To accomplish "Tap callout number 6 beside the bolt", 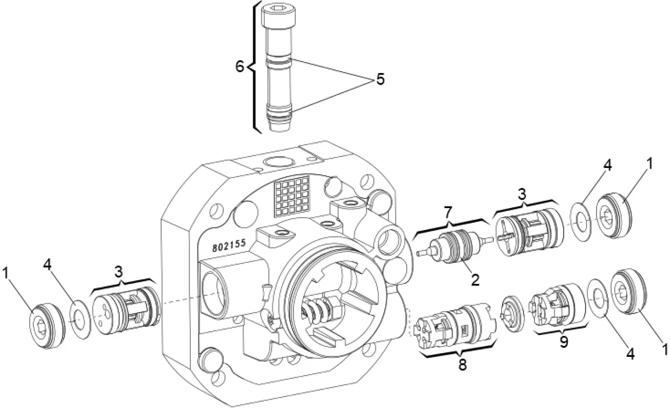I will tap(240, 67).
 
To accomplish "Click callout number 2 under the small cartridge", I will tap(475, 279).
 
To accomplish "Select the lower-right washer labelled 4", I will tap(600, 297).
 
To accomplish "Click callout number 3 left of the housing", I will tap(119, 273).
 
